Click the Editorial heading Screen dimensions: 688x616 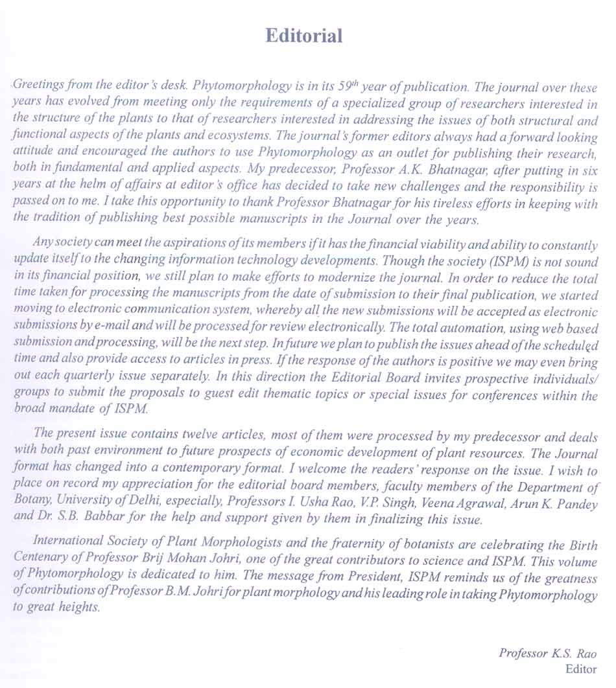(303, 36)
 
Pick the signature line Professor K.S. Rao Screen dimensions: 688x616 (547, 653)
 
